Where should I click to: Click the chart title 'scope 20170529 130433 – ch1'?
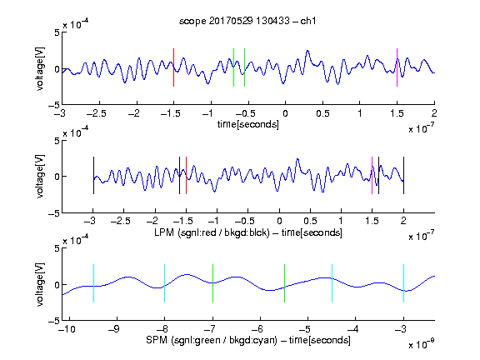click(x=247, y=21)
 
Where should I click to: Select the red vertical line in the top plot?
click(x=173, y=67)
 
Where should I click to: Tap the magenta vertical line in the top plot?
click(x=397, y=67)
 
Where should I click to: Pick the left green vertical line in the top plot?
click(x=233, y=67)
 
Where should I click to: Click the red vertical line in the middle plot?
click(x=186, y=175)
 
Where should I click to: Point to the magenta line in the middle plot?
click(x=372, y=175)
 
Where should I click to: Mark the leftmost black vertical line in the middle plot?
click(x=93, y=175)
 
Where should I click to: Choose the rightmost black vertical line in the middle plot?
click(x=403, y=175)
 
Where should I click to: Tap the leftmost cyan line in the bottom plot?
click(x=93, y=283)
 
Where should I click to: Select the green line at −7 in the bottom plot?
click(x=212, y=283)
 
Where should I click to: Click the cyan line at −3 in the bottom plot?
click(x=403, y=283)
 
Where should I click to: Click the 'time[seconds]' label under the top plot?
click(x=248, y=124)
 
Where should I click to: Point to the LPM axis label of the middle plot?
click(x=248, y=232)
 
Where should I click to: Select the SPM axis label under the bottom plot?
click(x=248, y=340)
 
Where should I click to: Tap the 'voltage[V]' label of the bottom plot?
click(x=40, y=284)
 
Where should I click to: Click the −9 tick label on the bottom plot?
click(x=114, y=329)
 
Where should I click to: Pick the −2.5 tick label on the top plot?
click(x=97, y=113)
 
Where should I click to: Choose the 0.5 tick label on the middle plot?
click(x=310, y=221)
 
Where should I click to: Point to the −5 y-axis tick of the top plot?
click(x=54, y=105)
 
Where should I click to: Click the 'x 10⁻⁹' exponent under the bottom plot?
click(x=422, y=344)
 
